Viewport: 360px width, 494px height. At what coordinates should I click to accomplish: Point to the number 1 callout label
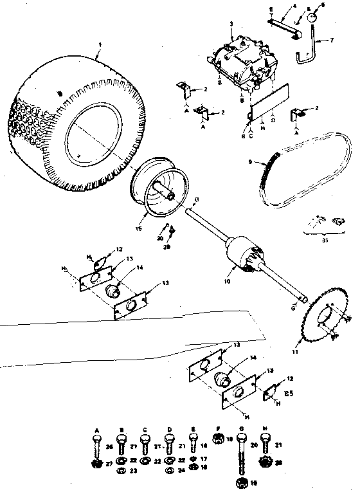tap(99, 44)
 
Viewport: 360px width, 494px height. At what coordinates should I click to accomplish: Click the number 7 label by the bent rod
tap(332, 40)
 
